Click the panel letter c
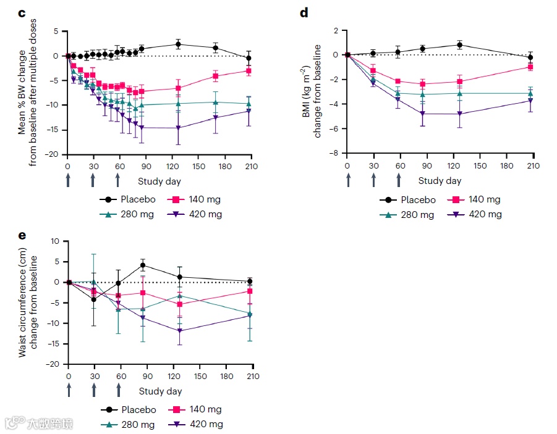click(21, 14)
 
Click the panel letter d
click(304, 14)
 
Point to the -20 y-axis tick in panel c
click(55, 154)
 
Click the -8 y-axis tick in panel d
click(334, 153)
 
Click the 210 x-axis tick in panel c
click(252, 167)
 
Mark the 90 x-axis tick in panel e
click(147, 377)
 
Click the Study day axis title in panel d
click(440, 181)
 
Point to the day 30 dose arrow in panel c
click(93, 179)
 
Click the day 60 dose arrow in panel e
click(119, 389)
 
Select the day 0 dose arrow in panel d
click(348, 179)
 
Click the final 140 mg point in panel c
click(249, 71)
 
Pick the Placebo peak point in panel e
click(143, 265)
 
